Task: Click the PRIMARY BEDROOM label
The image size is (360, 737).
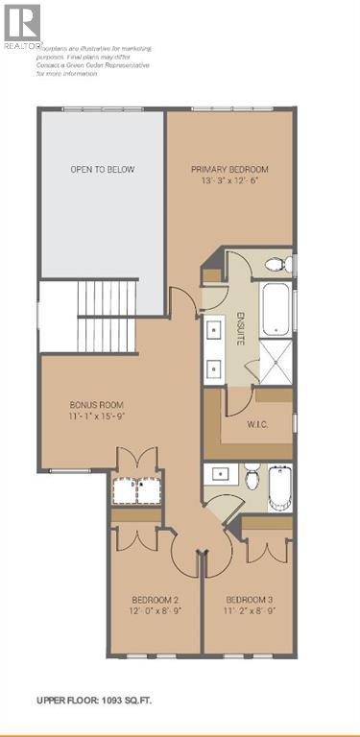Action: (228, 170)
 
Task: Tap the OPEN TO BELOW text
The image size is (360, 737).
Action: (102, 170)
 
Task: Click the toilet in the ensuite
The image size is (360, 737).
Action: (275, 263)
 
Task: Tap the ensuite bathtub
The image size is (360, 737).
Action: (276, 305)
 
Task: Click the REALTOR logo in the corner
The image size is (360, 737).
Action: (21, 26)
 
